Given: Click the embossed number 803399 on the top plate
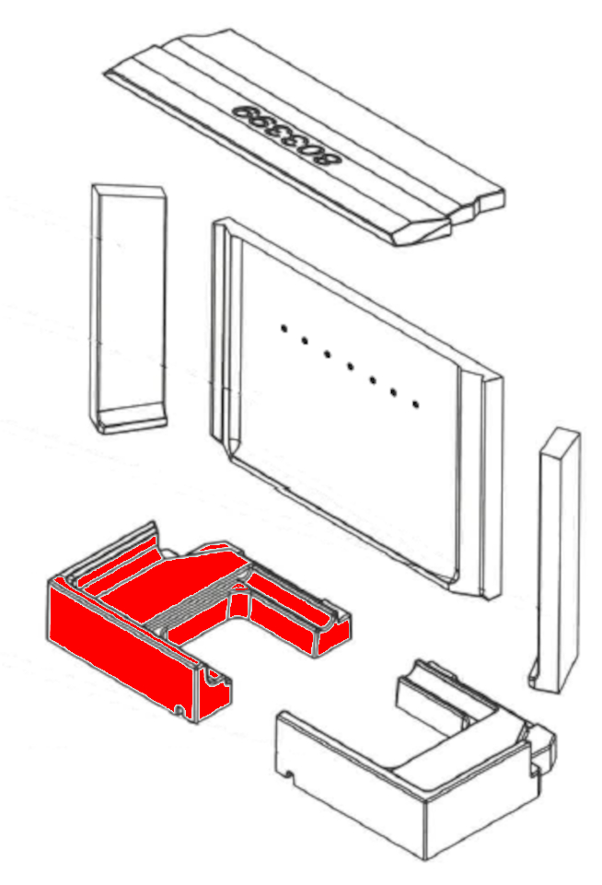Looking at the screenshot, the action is coord(289,134).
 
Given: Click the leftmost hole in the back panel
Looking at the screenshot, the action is coord(284,328).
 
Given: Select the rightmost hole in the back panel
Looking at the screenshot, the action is coord(416,404).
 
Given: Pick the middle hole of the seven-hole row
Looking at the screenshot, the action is coord(351,367).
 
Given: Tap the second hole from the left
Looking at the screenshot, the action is coord(305,341).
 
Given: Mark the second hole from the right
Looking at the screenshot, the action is coord(393,391).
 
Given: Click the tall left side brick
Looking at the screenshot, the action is coord(129,309).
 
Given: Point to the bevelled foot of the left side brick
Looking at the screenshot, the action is coord(131,419).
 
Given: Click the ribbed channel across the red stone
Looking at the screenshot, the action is coord(194,605).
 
